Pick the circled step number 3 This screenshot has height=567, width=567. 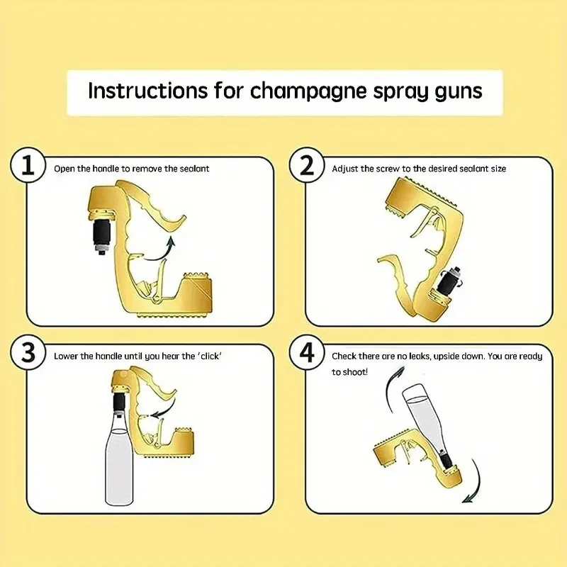click(x=27, y=355)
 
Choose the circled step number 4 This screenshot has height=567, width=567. click(x=305, y=355)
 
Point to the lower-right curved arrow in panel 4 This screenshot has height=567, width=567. click(x=473, y=482)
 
